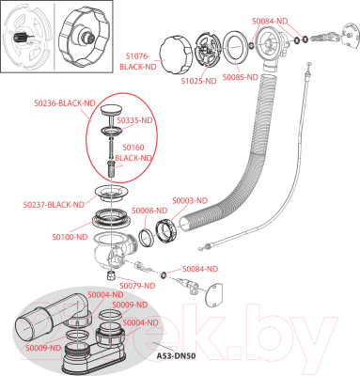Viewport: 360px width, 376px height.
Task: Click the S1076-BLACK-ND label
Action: (138, 61)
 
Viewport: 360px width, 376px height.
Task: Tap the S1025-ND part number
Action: (198, 81)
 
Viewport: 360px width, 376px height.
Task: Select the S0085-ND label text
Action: (240, 77)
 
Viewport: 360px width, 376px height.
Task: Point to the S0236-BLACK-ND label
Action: (65, 103)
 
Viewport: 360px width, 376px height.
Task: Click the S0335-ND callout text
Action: (134, 120)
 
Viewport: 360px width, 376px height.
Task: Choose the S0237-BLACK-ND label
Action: (54, 205)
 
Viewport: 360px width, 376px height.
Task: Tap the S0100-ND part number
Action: (70, 237)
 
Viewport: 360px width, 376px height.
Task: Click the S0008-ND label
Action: (149, 211)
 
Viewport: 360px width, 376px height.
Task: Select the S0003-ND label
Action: (190, 200)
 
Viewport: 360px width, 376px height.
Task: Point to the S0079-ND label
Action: (137, 286)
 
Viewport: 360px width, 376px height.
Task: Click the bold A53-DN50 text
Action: (176, 356)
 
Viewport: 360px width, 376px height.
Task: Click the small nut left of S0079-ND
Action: (110, 275)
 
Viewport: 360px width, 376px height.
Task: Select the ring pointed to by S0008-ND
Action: (146, 238)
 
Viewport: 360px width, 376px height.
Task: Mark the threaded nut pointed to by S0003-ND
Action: (166, 231)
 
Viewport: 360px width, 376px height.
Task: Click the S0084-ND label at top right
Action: (270, 22)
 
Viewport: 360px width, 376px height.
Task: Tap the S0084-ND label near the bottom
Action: (200, 269)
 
